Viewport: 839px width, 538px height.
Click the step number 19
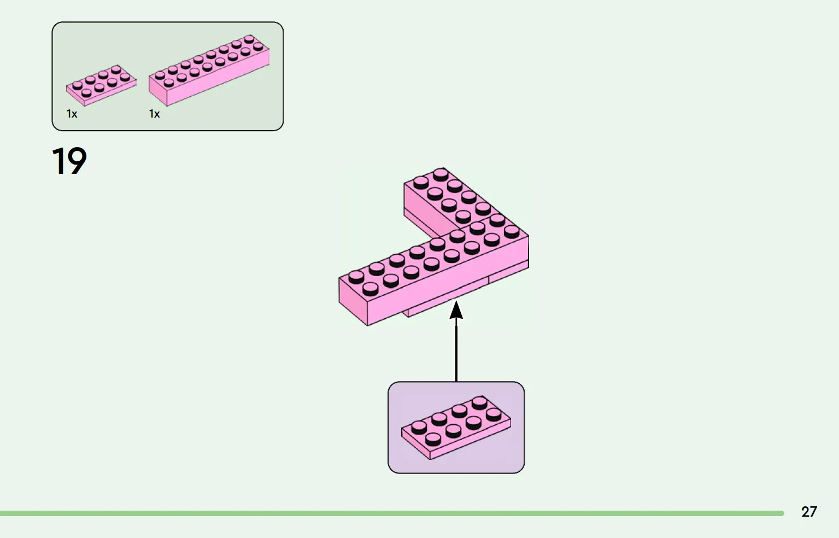(x=69, y=161)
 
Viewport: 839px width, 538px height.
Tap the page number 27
(x=808, y=512)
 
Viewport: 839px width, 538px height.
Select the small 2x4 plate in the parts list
(x=101, y=86)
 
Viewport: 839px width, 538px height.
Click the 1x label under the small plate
(x=72, y=114)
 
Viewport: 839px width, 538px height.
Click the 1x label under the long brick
(x=155, y=114)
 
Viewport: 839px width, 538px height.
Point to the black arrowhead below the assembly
(x=456, y=309)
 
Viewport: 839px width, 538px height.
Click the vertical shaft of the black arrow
(x=456, y=350)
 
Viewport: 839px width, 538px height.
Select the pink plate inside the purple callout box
(x=456, y=428)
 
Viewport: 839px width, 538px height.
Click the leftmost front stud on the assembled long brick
(x=370, y=288)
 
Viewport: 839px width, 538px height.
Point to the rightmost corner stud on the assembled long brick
(x=512, y=231)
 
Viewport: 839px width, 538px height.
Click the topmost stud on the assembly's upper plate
(x=441, y=174)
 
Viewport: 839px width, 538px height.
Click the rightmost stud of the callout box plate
(x=494, y=414)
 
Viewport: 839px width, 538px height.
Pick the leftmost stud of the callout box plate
(x=419, y=426)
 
